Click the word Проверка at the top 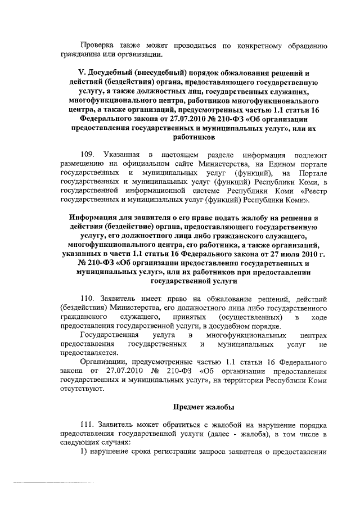(x=96, y=46)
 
